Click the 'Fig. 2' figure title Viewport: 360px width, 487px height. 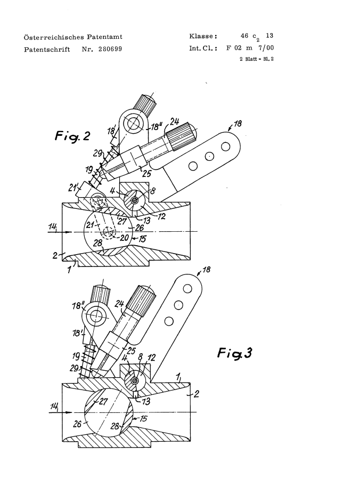point(72,136)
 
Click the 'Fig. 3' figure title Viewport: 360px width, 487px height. point(234,353)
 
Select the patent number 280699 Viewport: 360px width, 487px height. point(110,49)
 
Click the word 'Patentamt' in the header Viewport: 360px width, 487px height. point(104,37)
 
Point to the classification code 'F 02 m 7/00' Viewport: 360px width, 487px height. point(250,48)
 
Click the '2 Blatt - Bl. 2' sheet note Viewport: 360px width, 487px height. point(256,59)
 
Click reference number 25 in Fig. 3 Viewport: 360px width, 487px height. point(132,351)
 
